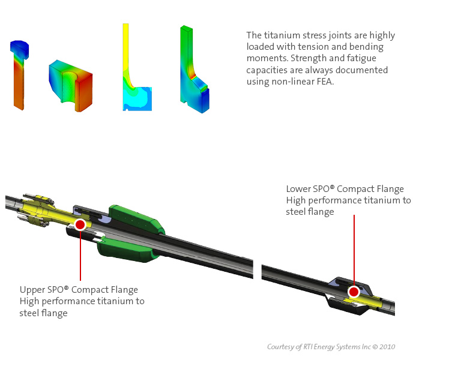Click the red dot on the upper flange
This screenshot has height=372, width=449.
80,224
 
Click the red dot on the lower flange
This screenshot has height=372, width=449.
354,292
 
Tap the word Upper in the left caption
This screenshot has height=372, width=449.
31,290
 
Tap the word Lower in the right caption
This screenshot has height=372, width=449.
299,190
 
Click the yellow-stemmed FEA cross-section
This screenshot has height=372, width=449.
134,78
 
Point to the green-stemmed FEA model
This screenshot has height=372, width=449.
193,72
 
